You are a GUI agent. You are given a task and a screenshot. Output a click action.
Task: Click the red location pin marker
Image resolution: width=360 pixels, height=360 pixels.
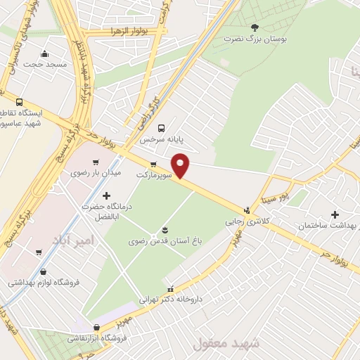click(181, 165)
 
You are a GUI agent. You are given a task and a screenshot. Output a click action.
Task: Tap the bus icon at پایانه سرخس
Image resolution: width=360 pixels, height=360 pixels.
click(162, 128)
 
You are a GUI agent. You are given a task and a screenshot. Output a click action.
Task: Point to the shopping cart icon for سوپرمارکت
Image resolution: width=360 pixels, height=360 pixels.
click(153, 165)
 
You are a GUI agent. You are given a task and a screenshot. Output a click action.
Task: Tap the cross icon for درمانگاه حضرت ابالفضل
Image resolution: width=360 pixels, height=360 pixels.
click(106, 195)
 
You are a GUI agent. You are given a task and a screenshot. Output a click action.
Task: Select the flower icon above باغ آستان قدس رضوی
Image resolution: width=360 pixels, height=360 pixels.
click(165, 230)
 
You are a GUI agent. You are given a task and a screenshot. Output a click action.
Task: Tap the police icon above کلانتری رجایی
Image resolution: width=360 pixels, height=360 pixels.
click(247, 210)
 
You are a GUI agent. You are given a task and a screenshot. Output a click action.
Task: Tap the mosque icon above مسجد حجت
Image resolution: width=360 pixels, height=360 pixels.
click(45, 54)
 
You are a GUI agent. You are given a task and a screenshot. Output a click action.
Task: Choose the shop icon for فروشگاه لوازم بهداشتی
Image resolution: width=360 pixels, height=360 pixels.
click(44, 271)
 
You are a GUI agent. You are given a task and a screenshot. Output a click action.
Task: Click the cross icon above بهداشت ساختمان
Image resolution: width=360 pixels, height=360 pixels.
click(335, 214)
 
